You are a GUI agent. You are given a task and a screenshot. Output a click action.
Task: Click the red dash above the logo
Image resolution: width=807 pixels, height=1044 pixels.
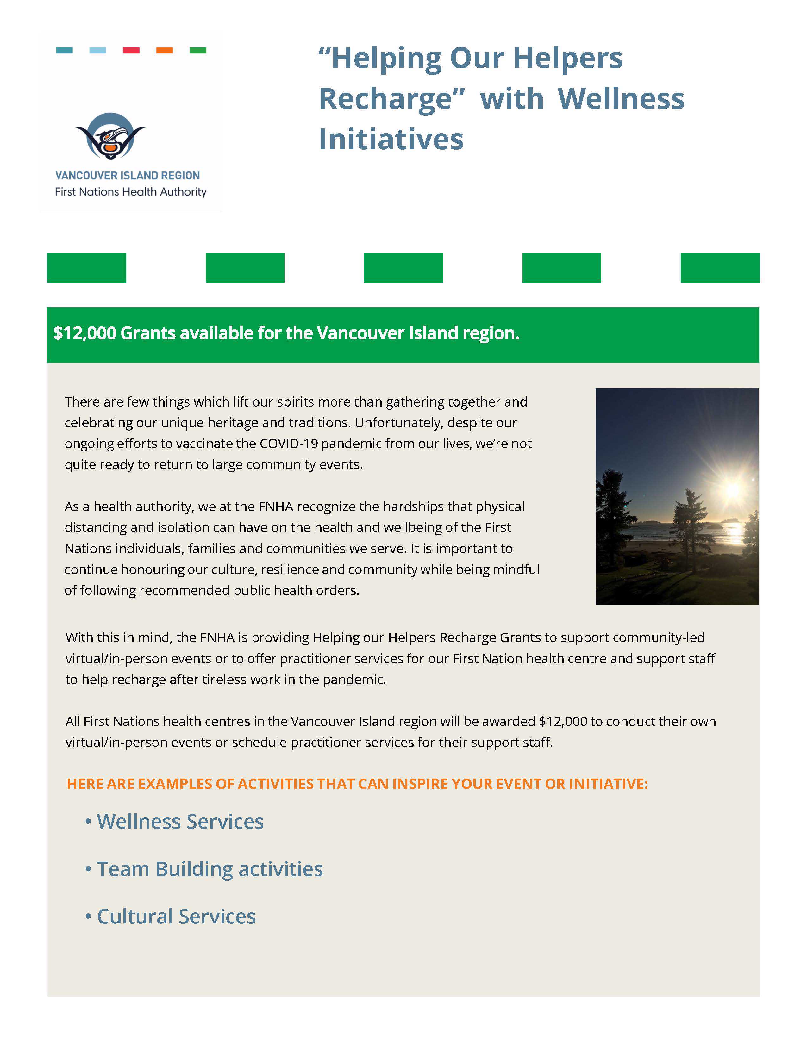pyautogui.click(x=131, y=50)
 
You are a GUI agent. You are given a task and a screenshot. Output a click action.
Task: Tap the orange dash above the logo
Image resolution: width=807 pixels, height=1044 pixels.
pyautogui.click(x=165, y=50)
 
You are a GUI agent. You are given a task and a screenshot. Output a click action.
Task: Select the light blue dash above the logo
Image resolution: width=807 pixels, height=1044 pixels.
pyautogui.click(x=97, y=50)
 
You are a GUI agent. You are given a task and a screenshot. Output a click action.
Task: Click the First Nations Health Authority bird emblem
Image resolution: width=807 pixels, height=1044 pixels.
pyautogui.click(x=110, y=136)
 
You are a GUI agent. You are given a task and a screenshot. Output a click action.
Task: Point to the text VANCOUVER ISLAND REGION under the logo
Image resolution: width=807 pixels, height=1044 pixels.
pyautogui.click(x=128, y=176)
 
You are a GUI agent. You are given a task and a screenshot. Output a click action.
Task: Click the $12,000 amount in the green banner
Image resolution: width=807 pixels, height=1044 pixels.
pyautogui.click(x=84, y=333)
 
